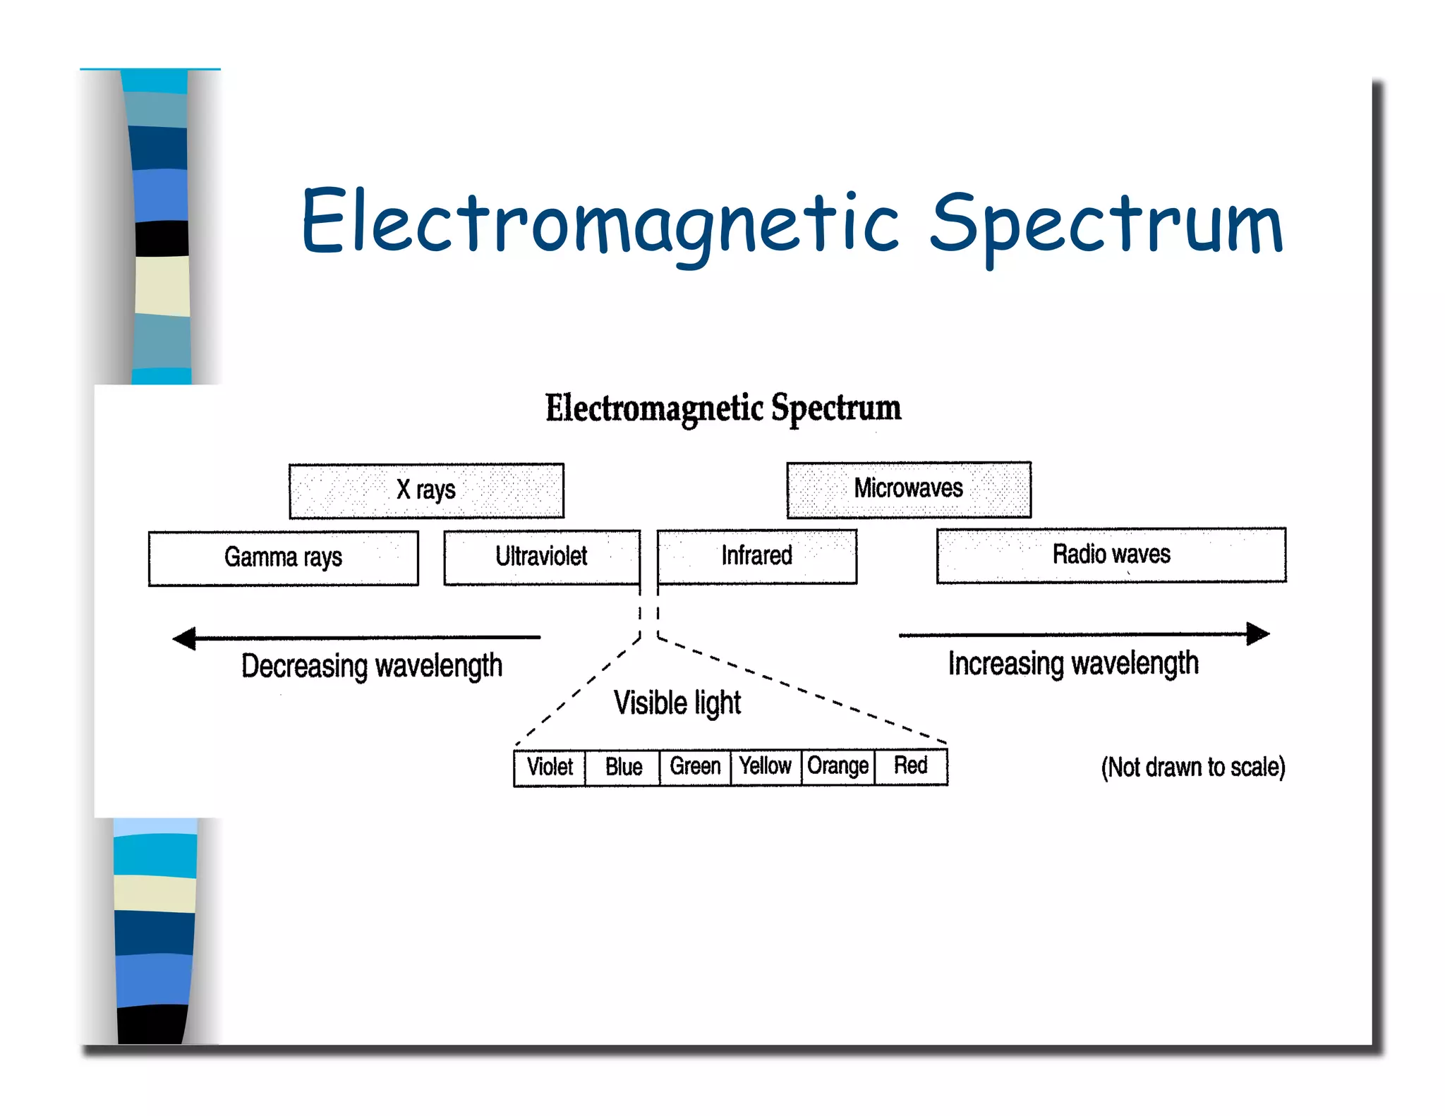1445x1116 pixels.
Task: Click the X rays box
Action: coord(426,490)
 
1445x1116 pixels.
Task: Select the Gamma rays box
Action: coord(283,558)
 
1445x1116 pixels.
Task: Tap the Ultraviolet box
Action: coord(541,557)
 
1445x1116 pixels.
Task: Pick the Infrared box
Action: coord(756,557)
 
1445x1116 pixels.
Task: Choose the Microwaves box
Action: coord(908,489)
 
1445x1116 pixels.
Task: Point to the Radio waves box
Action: coord(1111,555)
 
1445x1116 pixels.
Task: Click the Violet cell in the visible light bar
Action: coord(550,768)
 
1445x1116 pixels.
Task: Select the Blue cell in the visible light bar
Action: coord(623,768)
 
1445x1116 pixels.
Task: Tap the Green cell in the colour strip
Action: coord(695,767)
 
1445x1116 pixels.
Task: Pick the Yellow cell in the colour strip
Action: coord(766,767)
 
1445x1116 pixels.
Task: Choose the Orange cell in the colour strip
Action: coord(838,767)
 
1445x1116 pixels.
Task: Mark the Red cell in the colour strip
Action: coord(910,766)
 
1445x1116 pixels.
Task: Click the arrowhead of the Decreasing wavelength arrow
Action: coord(184,638)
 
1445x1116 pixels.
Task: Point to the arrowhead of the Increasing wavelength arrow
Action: coord(1258,634)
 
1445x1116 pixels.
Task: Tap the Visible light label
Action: coord(677,703)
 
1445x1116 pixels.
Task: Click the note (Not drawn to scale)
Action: coord(1192,768)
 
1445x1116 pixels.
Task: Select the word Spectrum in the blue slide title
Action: coord(1106,224)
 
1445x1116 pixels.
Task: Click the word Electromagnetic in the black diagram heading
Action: coord(654,409)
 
